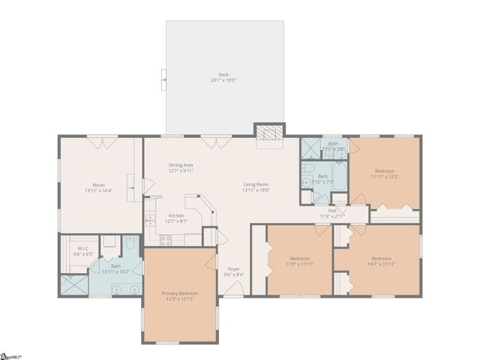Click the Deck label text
pos(223,74)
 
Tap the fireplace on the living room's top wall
pos(269,133)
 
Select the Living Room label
pos(255,184)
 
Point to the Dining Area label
pos(181,165)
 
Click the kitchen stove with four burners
pos(166,240)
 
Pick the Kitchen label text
pos(176,215)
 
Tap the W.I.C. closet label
pos(79,248)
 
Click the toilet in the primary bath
pos(130,242)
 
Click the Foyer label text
pos(233,269)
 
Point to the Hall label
pos(331,211)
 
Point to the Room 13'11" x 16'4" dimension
pos(98,190)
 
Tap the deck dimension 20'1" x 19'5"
pos(223,80)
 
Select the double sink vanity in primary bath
pos(124,288)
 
